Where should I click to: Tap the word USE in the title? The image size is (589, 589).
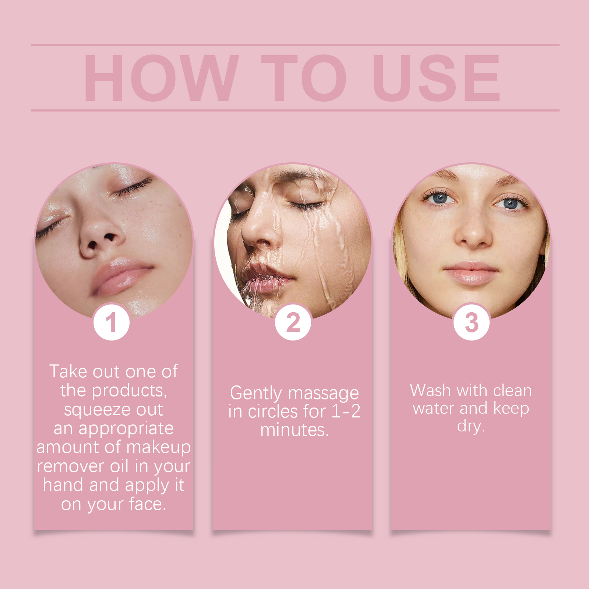[436, 78]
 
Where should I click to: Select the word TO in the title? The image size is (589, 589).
[304, 78]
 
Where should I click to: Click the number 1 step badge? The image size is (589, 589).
[112, 322]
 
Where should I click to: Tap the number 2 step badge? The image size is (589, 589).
[293, 322]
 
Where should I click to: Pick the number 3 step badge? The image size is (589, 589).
[472, 322]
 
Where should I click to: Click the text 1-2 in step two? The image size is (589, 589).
[346, 411]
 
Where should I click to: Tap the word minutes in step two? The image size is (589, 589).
[292, 430]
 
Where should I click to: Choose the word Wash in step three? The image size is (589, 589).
[430, 390]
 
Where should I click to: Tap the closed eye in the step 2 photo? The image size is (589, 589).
[306, 205]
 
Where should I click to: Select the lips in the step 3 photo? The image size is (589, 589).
[471, 273]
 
